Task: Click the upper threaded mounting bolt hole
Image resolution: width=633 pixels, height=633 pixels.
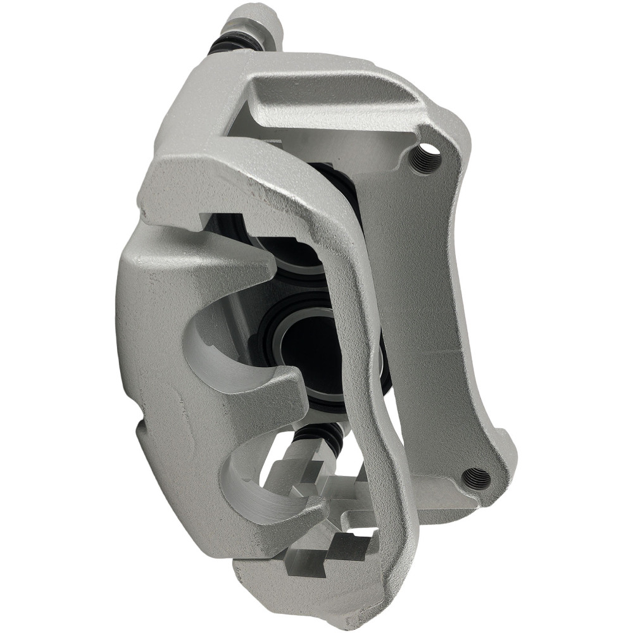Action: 426,156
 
